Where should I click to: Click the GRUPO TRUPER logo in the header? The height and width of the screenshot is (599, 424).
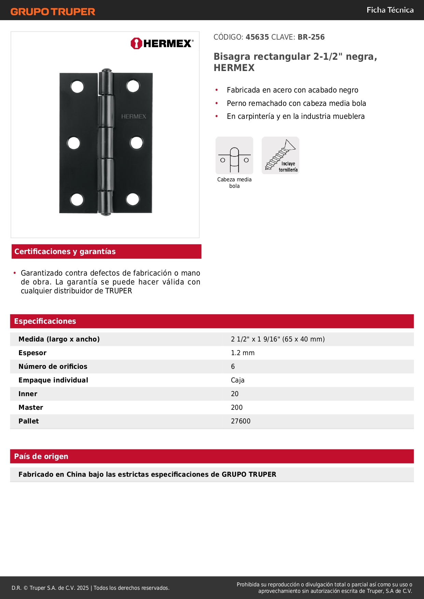[53, 12]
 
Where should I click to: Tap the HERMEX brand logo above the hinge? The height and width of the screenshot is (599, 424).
[162, 43]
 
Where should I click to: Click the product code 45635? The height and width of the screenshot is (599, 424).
[257, 37]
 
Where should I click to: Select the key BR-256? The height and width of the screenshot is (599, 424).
[311, 37]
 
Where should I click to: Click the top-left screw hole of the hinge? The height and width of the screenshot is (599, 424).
[78, 87]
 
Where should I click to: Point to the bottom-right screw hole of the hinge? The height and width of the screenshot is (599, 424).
[133, 199]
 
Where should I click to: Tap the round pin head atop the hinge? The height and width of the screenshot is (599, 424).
[106, 71]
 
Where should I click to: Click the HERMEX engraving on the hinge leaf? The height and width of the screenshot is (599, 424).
[134, 116]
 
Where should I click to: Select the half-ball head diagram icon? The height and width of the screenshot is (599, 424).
[234, 155]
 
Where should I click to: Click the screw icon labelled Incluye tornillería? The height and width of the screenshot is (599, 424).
[281, 155]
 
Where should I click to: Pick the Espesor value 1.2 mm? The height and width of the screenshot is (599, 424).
[243, 353]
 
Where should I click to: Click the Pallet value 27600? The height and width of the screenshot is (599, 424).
[241, 421]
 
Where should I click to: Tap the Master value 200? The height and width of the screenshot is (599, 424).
[237, 407]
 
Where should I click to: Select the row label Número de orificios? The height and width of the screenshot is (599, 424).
[53, 366]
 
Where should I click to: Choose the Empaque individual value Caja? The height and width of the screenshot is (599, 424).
[237, 380]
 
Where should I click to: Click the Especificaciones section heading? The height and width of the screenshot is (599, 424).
[45, 321]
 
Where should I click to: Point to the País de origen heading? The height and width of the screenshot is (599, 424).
[41, 456]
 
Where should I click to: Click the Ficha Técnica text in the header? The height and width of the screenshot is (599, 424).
[390, 10]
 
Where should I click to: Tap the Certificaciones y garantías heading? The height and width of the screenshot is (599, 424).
[65, 251]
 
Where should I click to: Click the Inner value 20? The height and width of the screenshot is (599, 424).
[235, 394]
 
